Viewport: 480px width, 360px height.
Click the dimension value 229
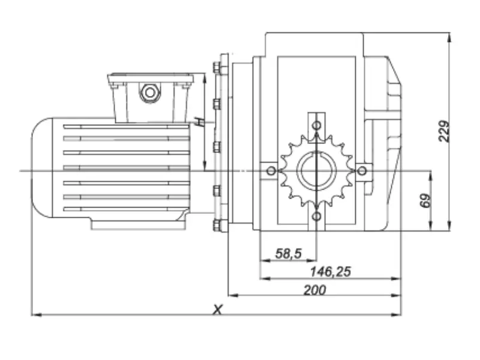coord(445,131)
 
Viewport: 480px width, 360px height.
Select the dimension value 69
coord(425,201)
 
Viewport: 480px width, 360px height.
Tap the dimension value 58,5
coord(289,253)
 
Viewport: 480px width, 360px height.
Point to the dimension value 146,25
coord(331,272)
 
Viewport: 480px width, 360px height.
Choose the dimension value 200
coord(314,290)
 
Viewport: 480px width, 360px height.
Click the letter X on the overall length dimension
coord(217,310)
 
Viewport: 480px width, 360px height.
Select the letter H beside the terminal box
coord(200,122)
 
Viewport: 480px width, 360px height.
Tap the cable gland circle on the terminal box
coord(149,92)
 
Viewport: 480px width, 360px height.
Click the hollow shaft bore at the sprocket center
coord(316,171)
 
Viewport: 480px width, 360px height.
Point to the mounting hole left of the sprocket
coord(271,171)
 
